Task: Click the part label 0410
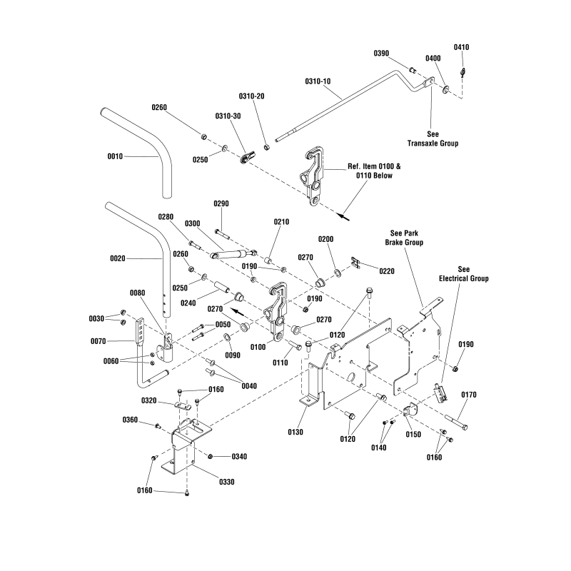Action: (x=461, y=47)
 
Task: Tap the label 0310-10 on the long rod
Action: (x=318, y=81)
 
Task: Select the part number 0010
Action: (x=115, y=156)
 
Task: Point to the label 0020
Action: (x=118, y=258)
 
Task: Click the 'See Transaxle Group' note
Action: (x=433, y=138)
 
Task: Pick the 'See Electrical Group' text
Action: (x=463, y=274)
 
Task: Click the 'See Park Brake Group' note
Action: (x=404, y=238)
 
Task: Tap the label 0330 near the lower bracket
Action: (x=226, y=482)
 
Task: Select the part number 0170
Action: (x=469, y=395)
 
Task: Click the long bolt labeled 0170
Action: (x=455, y=423)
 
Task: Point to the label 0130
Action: (x=295, y=432)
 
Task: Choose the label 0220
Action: (x=387, y=271)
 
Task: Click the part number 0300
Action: (x=192, y=223)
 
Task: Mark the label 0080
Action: (x=137, y=293)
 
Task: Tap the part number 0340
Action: (x=239, y=457)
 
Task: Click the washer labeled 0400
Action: (x=445, y=89)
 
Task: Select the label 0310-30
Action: (x=228, y=116)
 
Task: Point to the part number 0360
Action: (x=130, y=420)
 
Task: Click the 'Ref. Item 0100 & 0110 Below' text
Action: (x=374, y=171)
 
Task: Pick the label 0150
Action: (x=413, y=434)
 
